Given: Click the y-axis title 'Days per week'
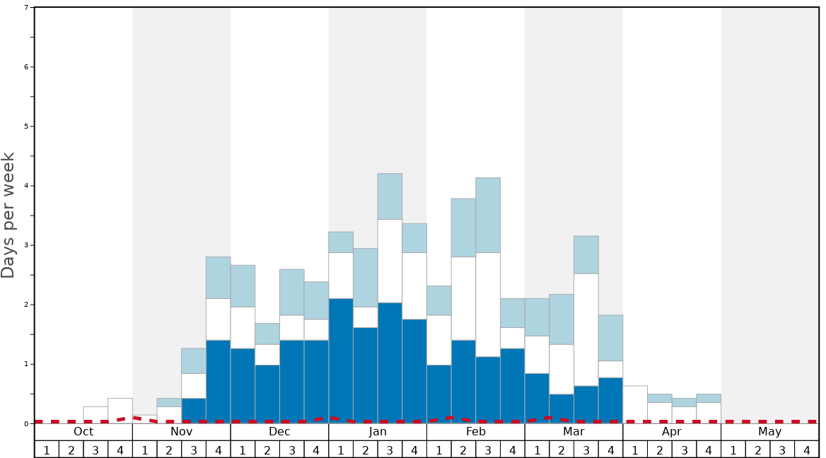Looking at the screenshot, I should pyautogui.click(x=8, y=215).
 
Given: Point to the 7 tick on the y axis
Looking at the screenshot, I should pyautogui.click(x=26, y=7).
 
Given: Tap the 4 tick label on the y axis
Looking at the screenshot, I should pyautogui.click(x=26, y=186).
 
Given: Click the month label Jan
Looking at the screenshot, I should pyautogui.click(x=378, y=432).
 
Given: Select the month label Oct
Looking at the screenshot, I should pyautogui.click(x=83, y=432).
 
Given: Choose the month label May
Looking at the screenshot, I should pyautogui.click(x=770, y=432).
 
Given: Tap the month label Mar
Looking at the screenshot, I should pyautogui.click(x=574, y=432).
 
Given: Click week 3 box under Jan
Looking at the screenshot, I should pyautogui.click(x=390, y=450).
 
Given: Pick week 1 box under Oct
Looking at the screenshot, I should pyautogui.click(x=47, y=450).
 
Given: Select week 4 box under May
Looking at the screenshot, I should pyautogui.click(x=807, y=450).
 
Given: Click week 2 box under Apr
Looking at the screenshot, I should pyautogui.click(x=660, y=450).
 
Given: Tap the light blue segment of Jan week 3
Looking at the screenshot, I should pyautogui.click(x=390, y=196).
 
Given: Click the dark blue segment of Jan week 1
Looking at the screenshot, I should pyautogui.click(x=341, y=360).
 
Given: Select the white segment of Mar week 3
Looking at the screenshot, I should pyautogui.click(x=586, y=329).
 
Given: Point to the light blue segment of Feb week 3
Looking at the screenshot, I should pyautogui.click(x=488, y=215).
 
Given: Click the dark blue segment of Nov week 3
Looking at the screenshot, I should pyautogui.click(x=194, y=410).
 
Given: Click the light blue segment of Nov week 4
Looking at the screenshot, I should pyautogui.click(x=218, y=277).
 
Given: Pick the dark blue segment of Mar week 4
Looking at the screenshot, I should pyautogui.click(x=610, y=400).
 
